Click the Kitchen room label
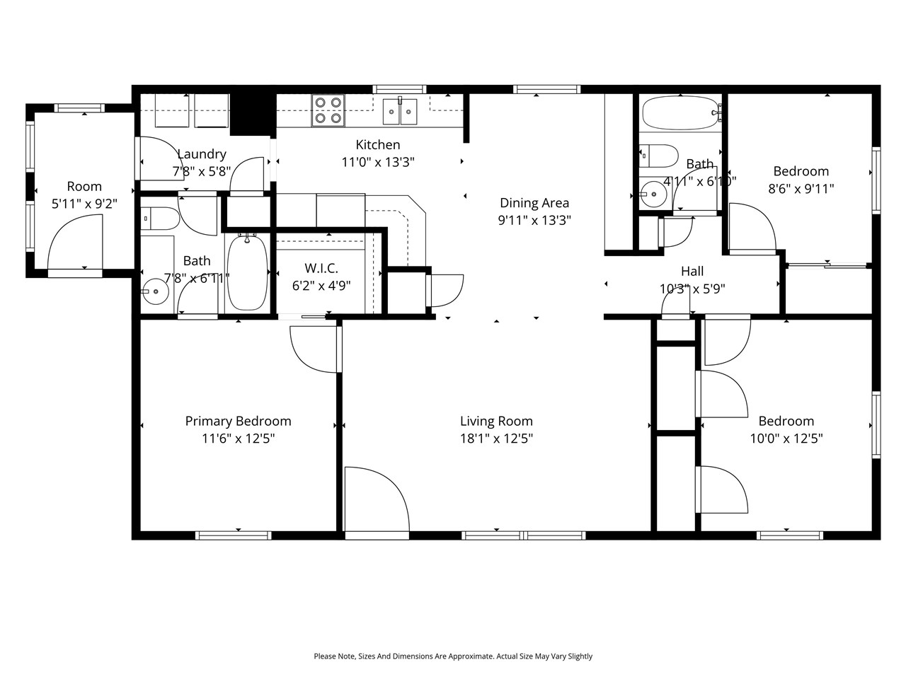click(377, 145)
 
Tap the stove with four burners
click(328, 110)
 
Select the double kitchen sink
click(400, 111)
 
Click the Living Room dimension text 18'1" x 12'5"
click(496, 439)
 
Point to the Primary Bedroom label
click(238, 422)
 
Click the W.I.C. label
click(321, 269)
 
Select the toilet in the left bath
click(158, 219)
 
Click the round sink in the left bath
click(154, 290)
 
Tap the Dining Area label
click(534, 204)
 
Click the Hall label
click(692, 271)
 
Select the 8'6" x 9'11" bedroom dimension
click(801, 189)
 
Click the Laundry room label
click(202, 154)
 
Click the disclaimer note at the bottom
click(453, 656)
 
